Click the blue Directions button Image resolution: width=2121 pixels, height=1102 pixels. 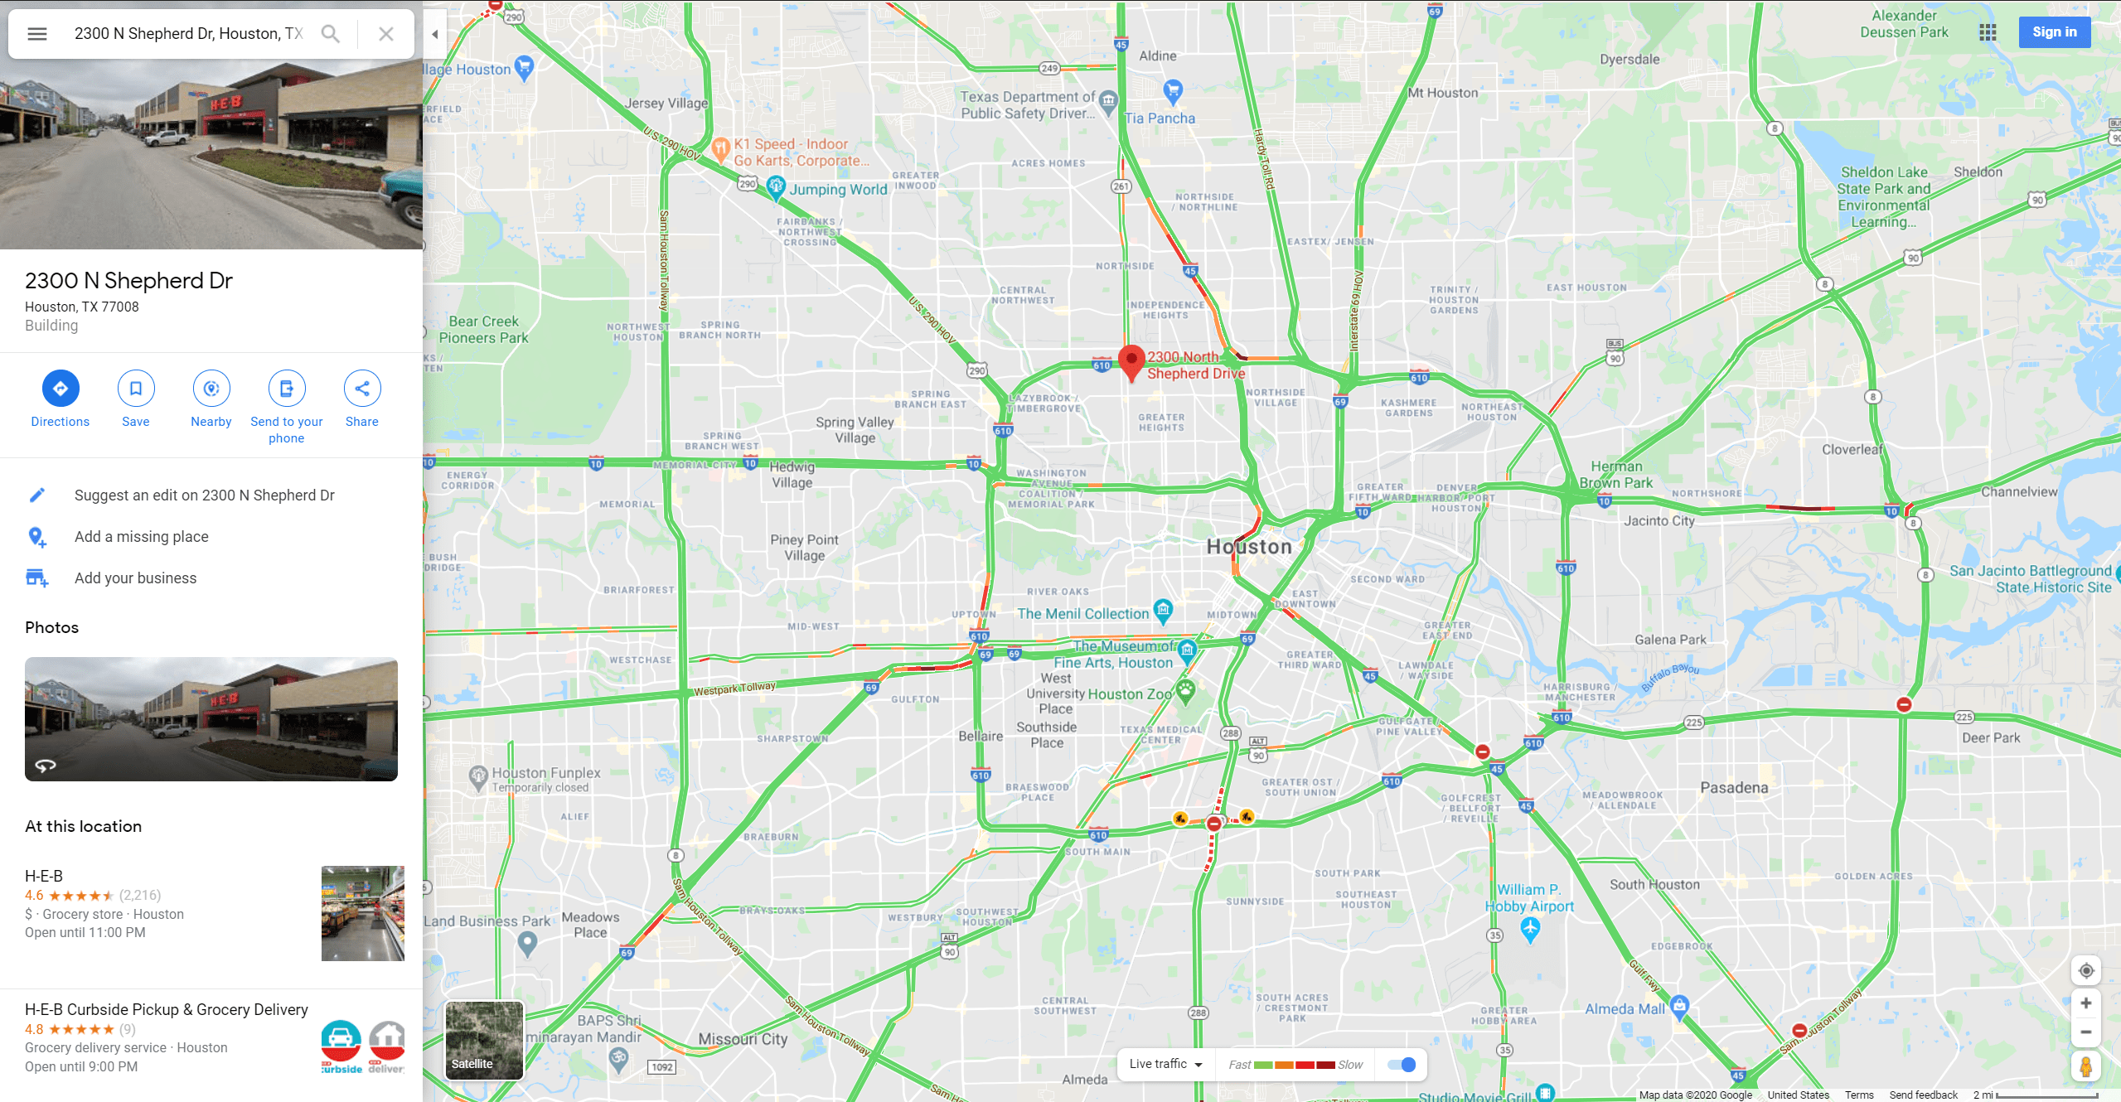pos(61,389)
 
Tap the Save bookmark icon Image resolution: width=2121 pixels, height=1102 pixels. pos(136,389)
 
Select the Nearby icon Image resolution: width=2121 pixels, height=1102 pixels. pos(211,389)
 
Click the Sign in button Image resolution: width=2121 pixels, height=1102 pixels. pos(2054,32)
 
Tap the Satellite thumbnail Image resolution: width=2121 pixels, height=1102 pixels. pos(484,1040)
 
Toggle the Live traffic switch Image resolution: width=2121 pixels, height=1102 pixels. pos(1402,1065)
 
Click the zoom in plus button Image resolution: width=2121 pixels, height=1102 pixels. pos(2086,1003)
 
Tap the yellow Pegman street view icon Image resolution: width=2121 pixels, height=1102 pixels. pos(2086,1066)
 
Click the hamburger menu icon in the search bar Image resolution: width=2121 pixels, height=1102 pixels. pos(37,34)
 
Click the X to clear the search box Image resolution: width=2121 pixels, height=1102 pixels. pos(385,34)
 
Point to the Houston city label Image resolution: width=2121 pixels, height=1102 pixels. pos(1249,547)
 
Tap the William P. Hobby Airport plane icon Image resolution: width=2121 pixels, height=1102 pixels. pos(1530,930)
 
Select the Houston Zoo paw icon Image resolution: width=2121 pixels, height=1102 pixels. pos(1186,691)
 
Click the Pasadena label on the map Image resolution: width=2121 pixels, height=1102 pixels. pos(1734,787)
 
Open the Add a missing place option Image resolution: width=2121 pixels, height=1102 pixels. pos(141,537)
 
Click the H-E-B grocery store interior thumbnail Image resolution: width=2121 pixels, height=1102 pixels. pos(362,913)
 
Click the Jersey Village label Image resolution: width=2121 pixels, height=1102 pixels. pos(666,104)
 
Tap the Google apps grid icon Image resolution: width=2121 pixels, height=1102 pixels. pos(1988,32)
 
